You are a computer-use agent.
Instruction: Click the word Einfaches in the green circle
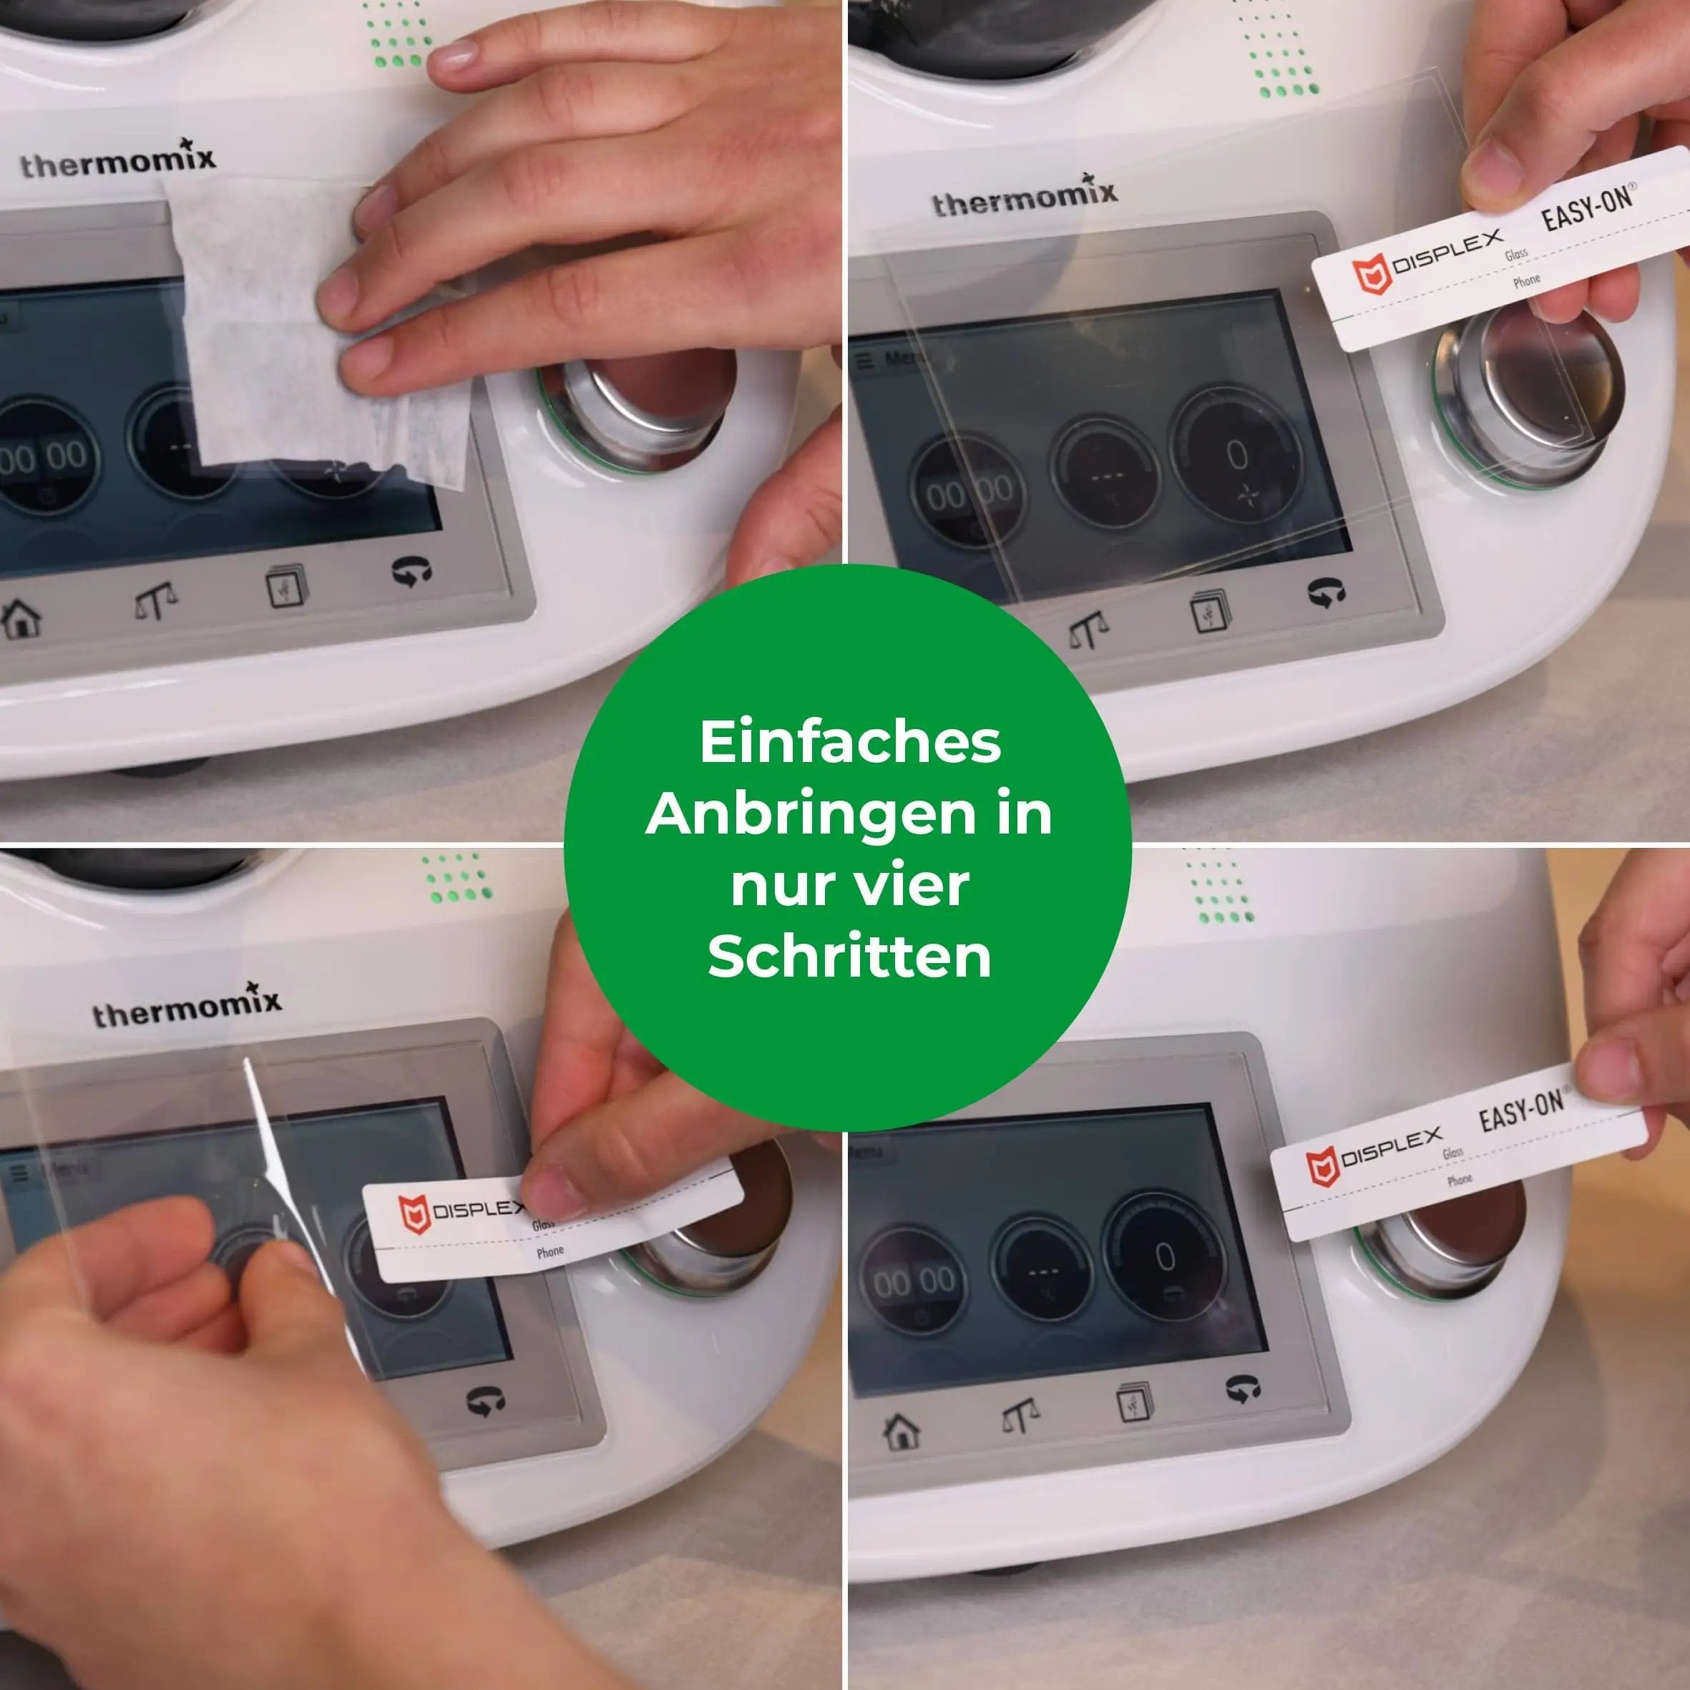point(849,743)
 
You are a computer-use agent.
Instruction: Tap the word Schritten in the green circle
point(849,956)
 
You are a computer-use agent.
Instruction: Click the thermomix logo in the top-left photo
point(118,161)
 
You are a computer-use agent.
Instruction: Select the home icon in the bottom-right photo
point(902,1432)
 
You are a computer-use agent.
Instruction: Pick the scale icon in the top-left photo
point(156,602)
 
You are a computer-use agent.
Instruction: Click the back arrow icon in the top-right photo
point(1326,594)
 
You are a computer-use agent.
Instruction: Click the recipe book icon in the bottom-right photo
point(1135,1403)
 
